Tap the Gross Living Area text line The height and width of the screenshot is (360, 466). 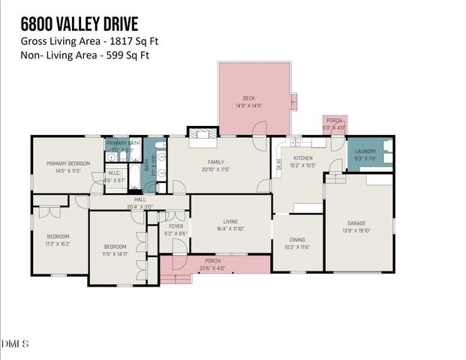89,43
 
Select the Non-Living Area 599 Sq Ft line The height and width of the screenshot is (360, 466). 85,55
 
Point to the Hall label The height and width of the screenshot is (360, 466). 140,199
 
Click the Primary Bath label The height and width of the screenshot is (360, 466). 122,142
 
